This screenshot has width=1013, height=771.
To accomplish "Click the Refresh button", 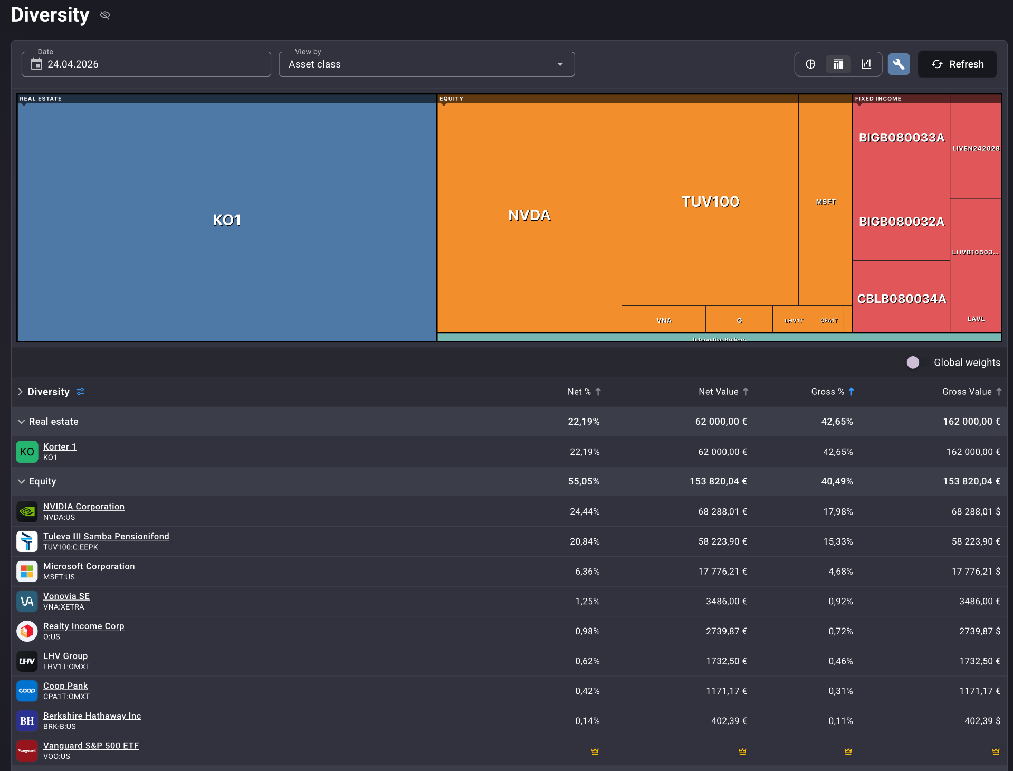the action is pyautogui.click(x=957, y=64).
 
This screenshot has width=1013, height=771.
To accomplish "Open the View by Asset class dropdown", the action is pyautogui.click(x=426, y=64).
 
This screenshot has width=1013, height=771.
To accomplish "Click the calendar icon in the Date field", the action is pyautogui.click(x=36, y=64).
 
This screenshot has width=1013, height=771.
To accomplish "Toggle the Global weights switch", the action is pyautogui.click(x=916, y=363).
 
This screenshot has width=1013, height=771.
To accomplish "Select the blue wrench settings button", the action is pyautogui.click(x=899, y=64).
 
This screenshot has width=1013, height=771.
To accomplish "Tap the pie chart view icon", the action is pyautogui.click(x=810, y=64).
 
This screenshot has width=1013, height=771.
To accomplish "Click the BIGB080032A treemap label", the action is pyautogui.click(x=902, y=222).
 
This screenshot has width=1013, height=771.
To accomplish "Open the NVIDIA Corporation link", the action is pyautogui.click(x=84, y=507).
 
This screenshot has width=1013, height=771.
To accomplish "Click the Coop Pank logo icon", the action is pyautogui.click(x=27, y=691).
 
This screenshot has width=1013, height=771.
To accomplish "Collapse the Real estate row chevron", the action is pyautogui.click(x=21, y=422).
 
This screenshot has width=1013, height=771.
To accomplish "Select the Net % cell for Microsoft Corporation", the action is pyautogui.click(x=587, y=572).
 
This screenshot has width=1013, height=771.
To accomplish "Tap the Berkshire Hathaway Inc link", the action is pyautogui.click(x=92, y=716).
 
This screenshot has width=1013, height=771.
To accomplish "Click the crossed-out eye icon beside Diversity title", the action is pyautogui.click(x=105, y=15).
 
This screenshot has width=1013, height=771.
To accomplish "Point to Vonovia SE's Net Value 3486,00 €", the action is pyautogui.click(x=727, y=602).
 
